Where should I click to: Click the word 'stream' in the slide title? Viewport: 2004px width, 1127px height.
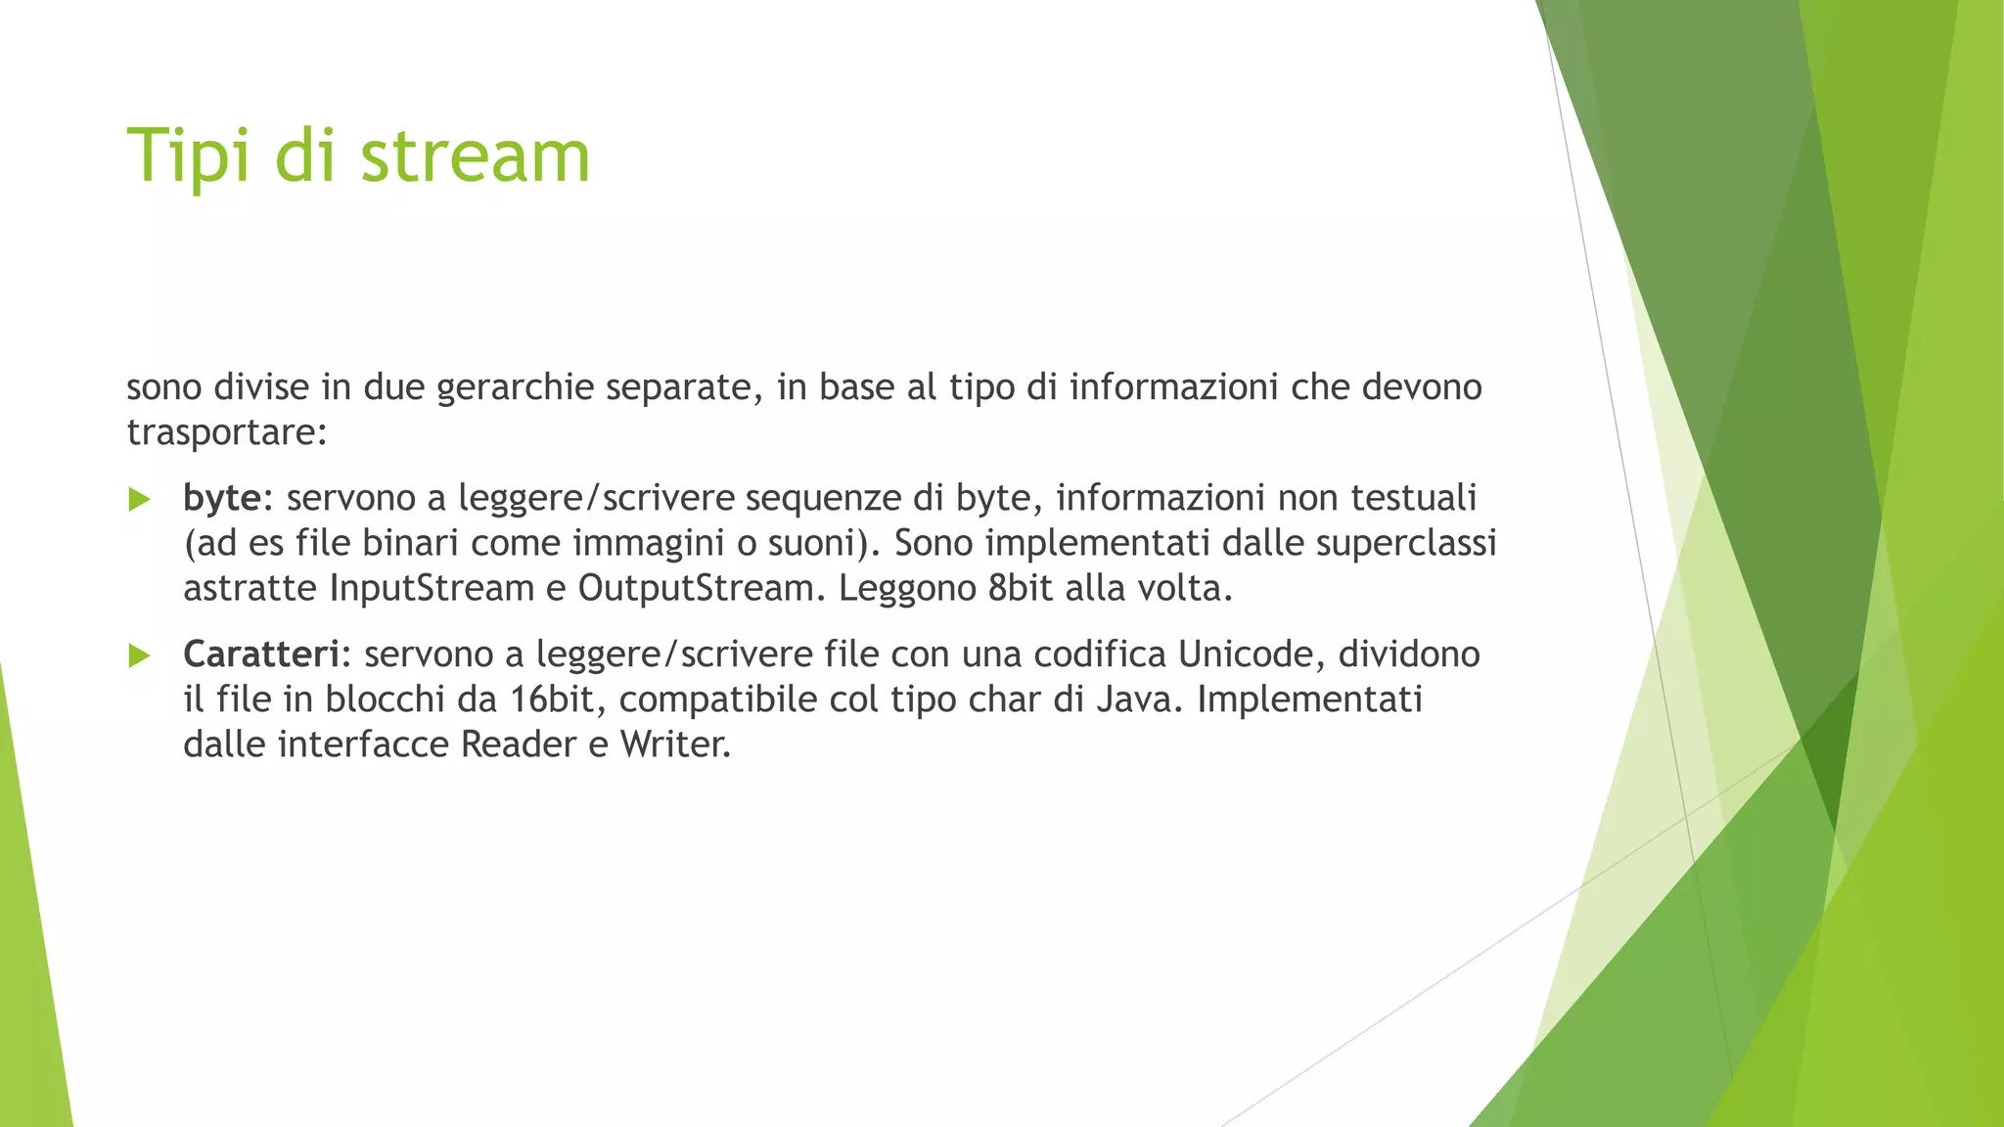coord(476,157)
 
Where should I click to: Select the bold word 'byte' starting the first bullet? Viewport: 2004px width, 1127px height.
coord(222,498)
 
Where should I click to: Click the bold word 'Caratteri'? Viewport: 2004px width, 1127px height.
coord(261,654)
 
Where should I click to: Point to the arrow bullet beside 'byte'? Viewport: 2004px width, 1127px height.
coord(140,500)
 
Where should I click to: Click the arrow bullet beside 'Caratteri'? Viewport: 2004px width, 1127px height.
coord(140,656)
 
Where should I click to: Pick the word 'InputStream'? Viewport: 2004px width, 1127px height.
coord(432,588)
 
